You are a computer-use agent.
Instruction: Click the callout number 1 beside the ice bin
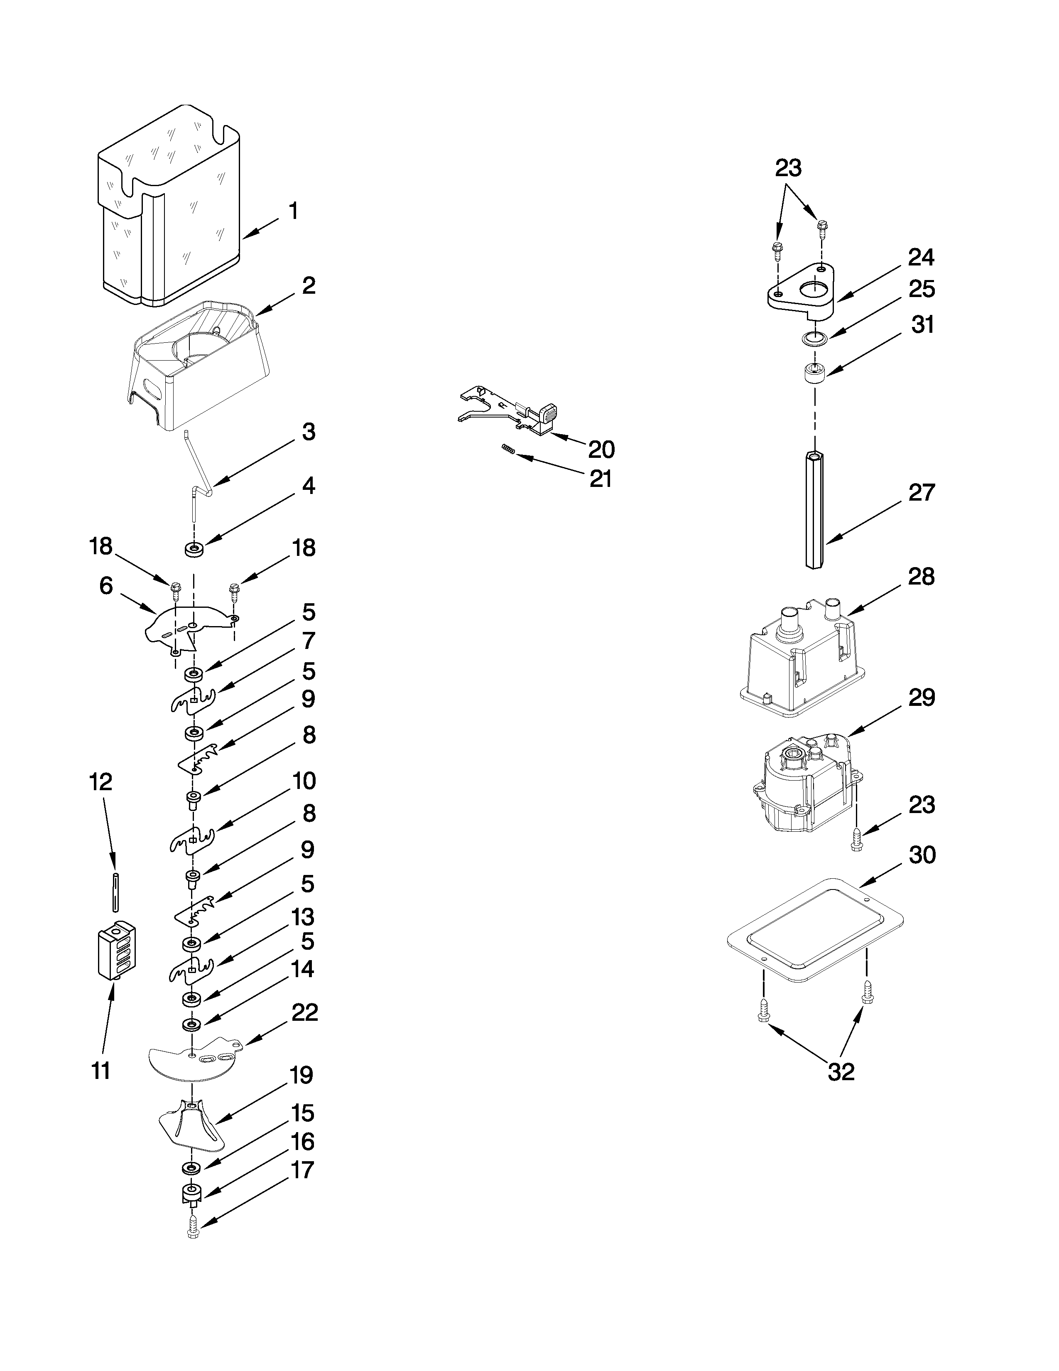tap(293, 211)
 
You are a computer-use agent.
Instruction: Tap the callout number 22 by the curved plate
tap(304, 1012)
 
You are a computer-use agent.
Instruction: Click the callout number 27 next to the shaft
tap(922, 493)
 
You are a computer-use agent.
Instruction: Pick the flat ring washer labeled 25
tap(815, 339)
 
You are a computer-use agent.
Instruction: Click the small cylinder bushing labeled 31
tap(814, 374)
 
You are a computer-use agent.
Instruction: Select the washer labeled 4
tap(194, 550)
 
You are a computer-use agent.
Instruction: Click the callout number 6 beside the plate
tap(106, 586)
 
